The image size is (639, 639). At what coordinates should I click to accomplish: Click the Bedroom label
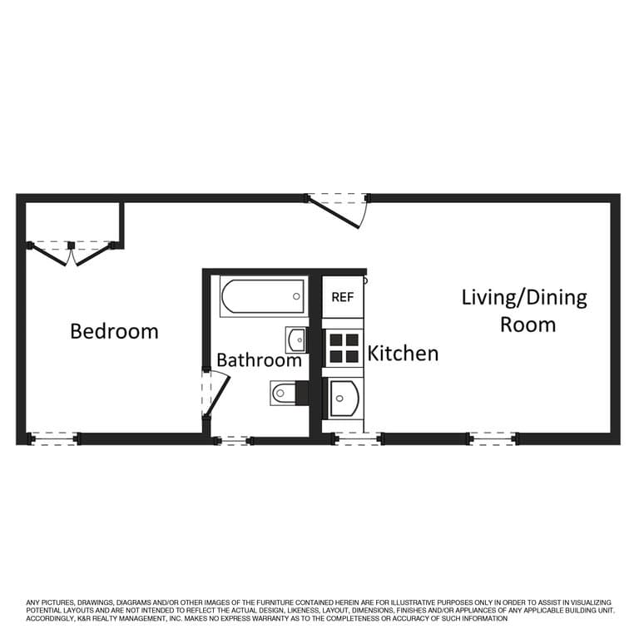(x=115, y=331)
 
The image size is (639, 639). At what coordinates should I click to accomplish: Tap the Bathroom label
(x=260, y=360)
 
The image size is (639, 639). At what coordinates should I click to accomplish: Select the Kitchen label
(x=403, y=354)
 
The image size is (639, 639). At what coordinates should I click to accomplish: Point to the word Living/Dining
(x=524, y=298)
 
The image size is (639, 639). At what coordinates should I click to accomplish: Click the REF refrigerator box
(x=343, y=297)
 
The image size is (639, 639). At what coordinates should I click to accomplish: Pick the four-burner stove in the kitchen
(x=344, y=348)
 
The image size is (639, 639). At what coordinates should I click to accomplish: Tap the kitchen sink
(x=344, y=399)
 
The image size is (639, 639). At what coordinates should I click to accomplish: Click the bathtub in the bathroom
(x=263, y=296)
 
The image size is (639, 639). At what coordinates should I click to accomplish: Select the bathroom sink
(x=296, y=339)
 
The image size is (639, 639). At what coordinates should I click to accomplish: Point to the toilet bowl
(x=283, y=394)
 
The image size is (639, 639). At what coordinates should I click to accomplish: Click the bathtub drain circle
(x=297, y=296)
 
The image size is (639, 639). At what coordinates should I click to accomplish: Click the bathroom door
(x=216, y=394)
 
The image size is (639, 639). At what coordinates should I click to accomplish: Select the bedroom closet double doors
(x=72, y=254)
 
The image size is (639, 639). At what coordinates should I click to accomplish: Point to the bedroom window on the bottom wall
(x=53, y=439)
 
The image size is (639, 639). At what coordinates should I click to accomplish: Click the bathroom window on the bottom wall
(x=232, y=440)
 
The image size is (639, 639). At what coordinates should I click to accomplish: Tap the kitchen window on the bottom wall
(x=358, y=439)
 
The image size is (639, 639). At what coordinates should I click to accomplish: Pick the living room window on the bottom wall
(x=493, y=439)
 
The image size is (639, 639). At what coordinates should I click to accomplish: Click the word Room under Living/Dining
(x=528, y=324)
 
